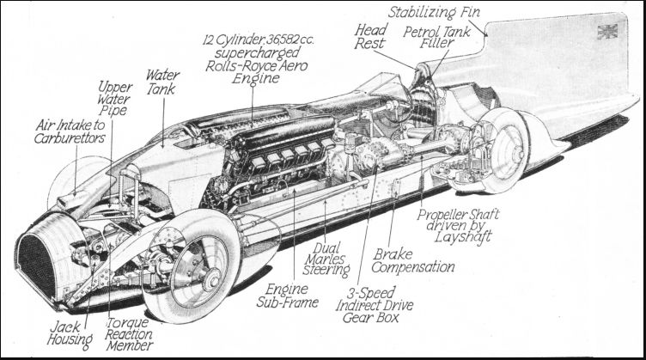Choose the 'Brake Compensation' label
click(x=414, y=260)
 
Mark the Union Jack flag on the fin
click(x=608, y=33)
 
